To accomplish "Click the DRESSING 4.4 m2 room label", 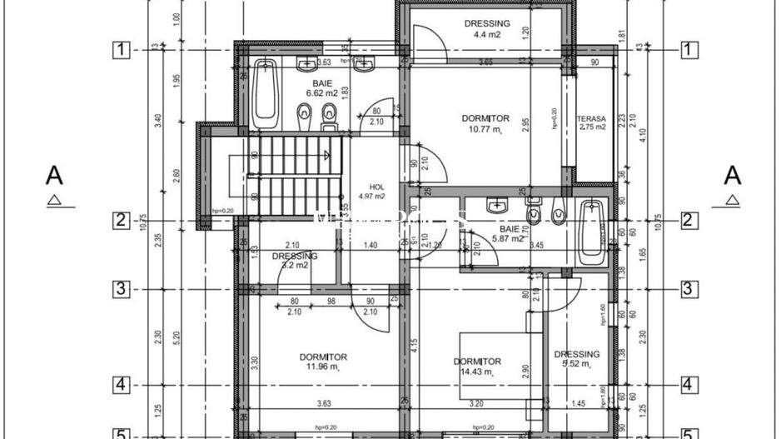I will click(x=487, y=29).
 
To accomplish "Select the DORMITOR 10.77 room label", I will click(x=485, y=124).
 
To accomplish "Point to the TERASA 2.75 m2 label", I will click(x=591, y=122).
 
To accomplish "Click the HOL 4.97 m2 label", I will click(x=371, y=192).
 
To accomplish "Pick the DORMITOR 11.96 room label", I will click(x=324, y=362).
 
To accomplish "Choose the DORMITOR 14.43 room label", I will click(x=477, y=367).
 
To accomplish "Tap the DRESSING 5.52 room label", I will click(x=576, y=359).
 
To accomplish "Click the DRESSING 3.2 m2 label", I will click(x=295, y=261).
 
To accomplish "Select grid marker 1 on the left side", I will click(x=121, y=50).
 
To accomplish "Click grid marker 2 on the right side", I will click(x=689, y=220).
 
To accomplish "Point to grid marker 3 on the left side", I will click(x=121, y=289).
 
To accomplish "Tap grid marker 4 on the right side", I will click(x=689, y=386).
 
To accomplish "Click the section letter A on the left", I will click(x=54, y=176).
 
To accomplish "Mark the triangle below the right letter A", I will click(x=732, y=200).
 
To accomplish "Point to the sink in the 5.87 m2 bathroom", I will click(x=498, y=204).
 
